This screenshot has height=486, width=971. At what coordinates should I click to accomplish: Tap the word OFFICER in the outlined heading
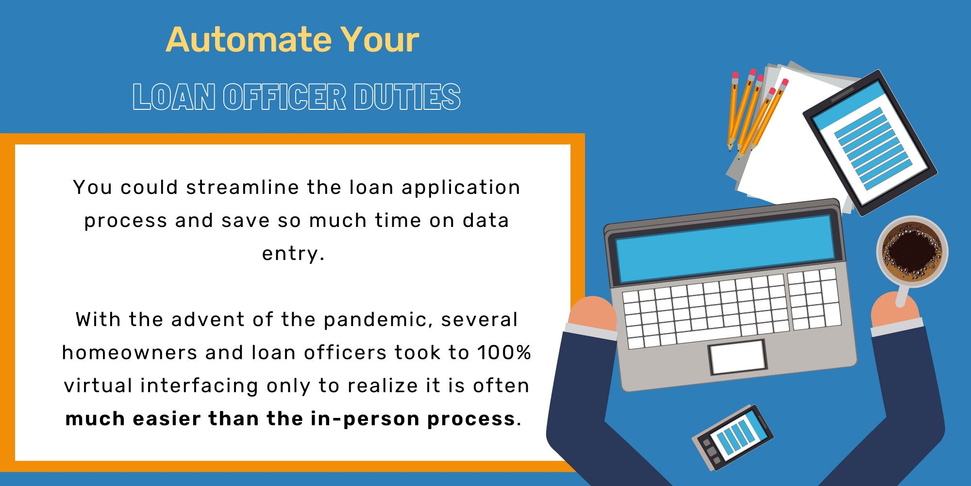[285, 97]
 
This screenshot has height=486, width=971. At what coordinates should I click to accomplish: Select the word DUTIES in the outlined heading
[407, 97]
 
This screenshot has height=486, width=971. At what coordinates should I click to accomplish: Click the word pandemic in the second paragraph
[378, 320]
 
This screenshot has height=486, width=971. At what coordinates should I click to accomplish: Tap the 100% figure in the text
[504, 352]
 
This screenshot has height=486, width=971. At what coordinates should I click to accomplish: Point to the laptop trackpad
[737, 357]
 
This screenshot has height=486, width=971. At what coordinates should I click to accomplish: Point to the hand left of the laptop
[592, 314]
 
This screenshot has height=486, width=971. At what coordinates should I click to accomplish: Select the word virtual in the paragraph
[98, 386]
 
